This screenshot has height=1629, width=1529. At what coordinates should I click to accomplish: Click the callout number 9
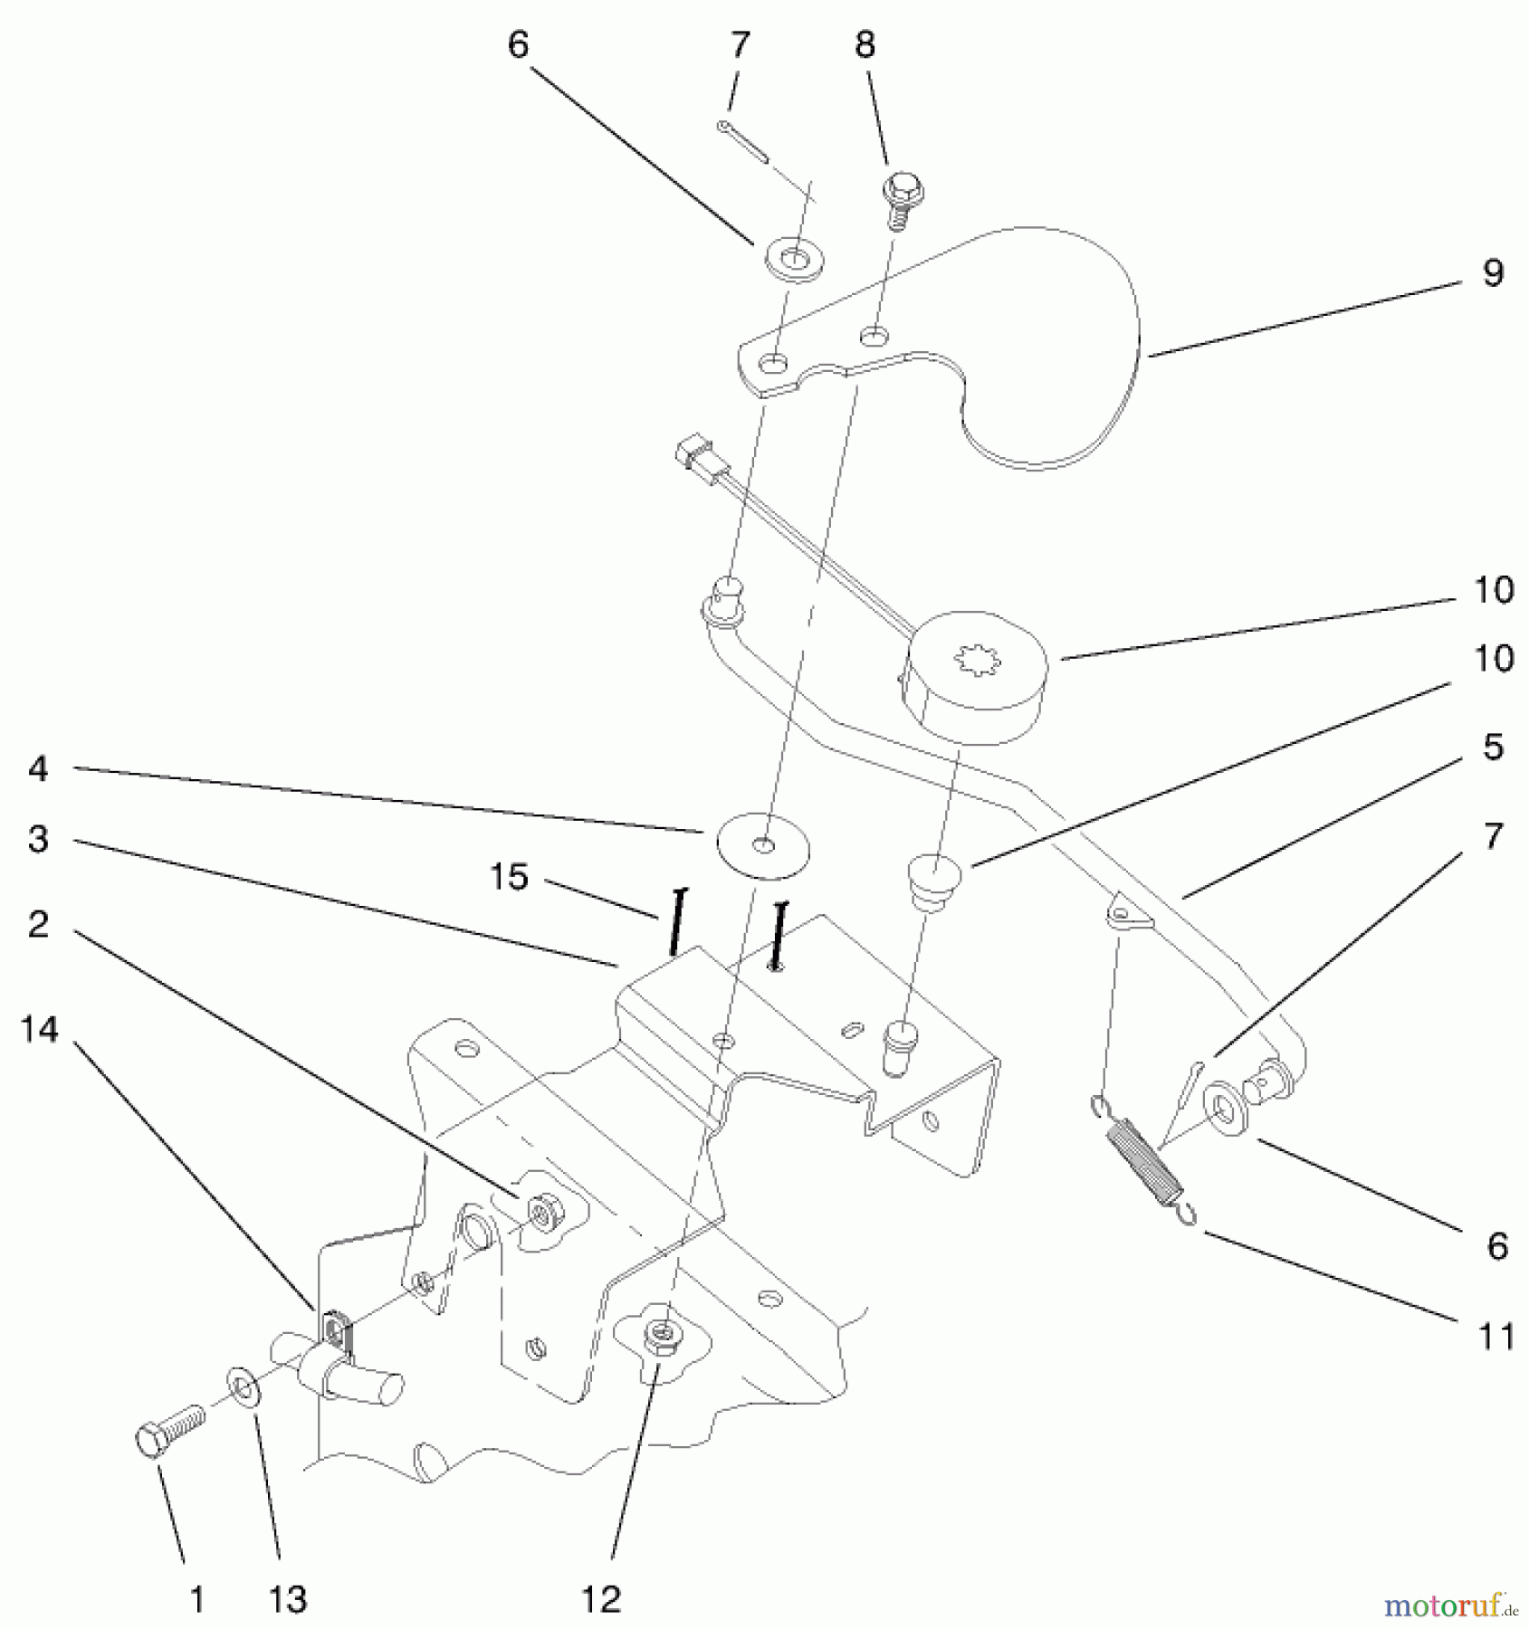tap(1493, 271)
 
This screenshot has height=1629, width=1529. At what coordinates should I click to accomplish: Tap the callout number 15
tap(509, 876)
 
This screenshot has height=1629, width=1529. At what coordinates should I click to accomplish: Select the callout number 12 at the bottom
tap(601, 1599)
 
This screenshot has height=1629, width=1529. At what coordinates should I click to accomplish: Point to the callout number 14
tap(40, 1029)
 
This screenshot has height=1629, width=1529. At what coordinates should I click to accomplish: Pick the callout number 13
tap(288, 1599)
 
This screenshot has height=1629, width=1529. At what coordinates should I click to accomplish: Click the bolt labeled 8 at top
tap(896, 203)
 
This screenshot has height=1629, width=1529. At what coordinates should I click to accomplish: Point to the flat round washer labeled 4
tap(762, 845)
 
